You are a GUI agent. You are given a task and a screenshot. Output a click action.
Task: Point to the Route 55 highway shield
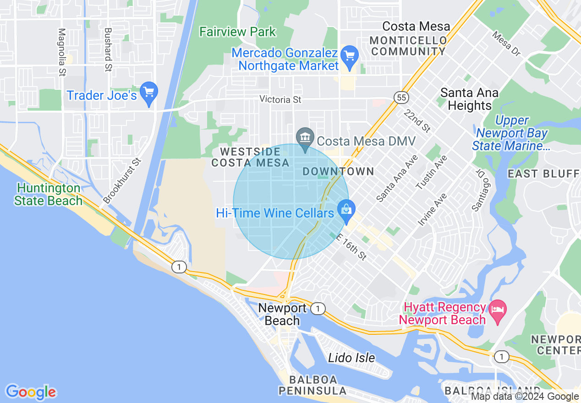[400, 98]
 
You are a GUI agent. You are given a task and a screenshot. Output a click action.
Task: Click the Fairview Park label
[238, 32]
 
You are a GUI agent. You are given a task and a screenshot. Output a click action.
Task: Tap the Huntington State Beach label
[48, 194]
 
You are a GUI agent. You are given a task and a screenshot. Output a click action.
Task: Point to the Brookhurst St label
[122, 181]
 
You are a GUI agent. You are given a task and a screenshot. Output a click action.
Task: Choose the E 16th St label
[352, 247]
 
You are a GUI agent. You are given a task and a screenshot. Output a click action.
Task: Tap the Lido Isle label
[351, 358]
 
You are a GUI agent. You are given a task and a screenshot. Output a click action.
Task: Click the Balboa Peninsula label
[312, 385]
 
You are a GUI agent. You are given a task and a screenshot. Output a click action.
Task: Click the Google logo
[31, 392]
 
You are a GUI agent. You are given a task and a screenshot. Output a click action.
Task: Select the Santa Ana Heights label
[469, 99]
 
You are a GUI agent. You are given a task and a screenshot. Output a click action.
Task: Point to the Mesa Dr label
[506, 44]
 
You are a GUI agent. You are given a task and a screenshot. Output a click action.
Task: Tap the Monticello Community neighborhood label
[408, 46]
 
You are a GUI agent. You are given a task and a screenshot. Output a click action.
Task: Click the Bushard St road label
[108, 49]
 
